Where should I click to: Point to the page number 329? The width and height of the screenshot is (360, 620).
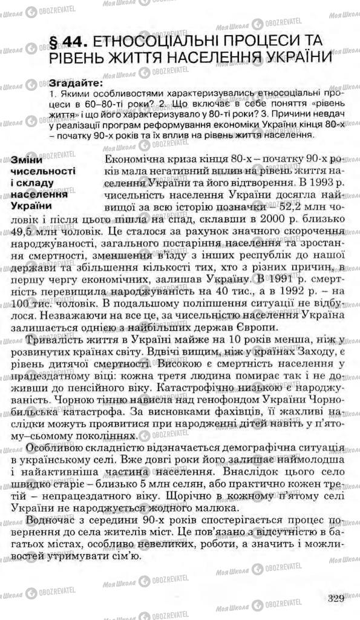333,599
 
